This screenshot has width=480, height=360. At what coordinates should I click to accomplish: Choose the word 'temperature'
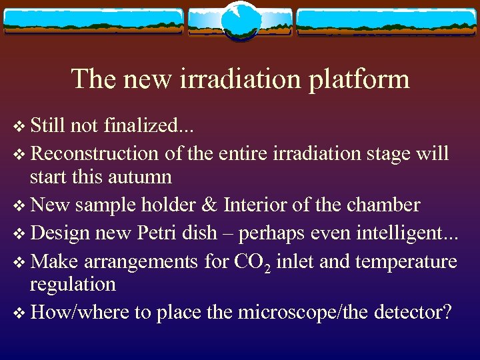pyautogui.click(x=406, y=261)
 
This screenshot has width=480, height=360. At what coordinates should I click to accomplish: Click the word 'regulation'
pyautogui.click(x=73, y=285)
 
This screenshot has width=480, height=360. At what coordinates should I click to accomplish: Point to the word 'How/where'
pyautogui.click(x=80, y=312)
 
